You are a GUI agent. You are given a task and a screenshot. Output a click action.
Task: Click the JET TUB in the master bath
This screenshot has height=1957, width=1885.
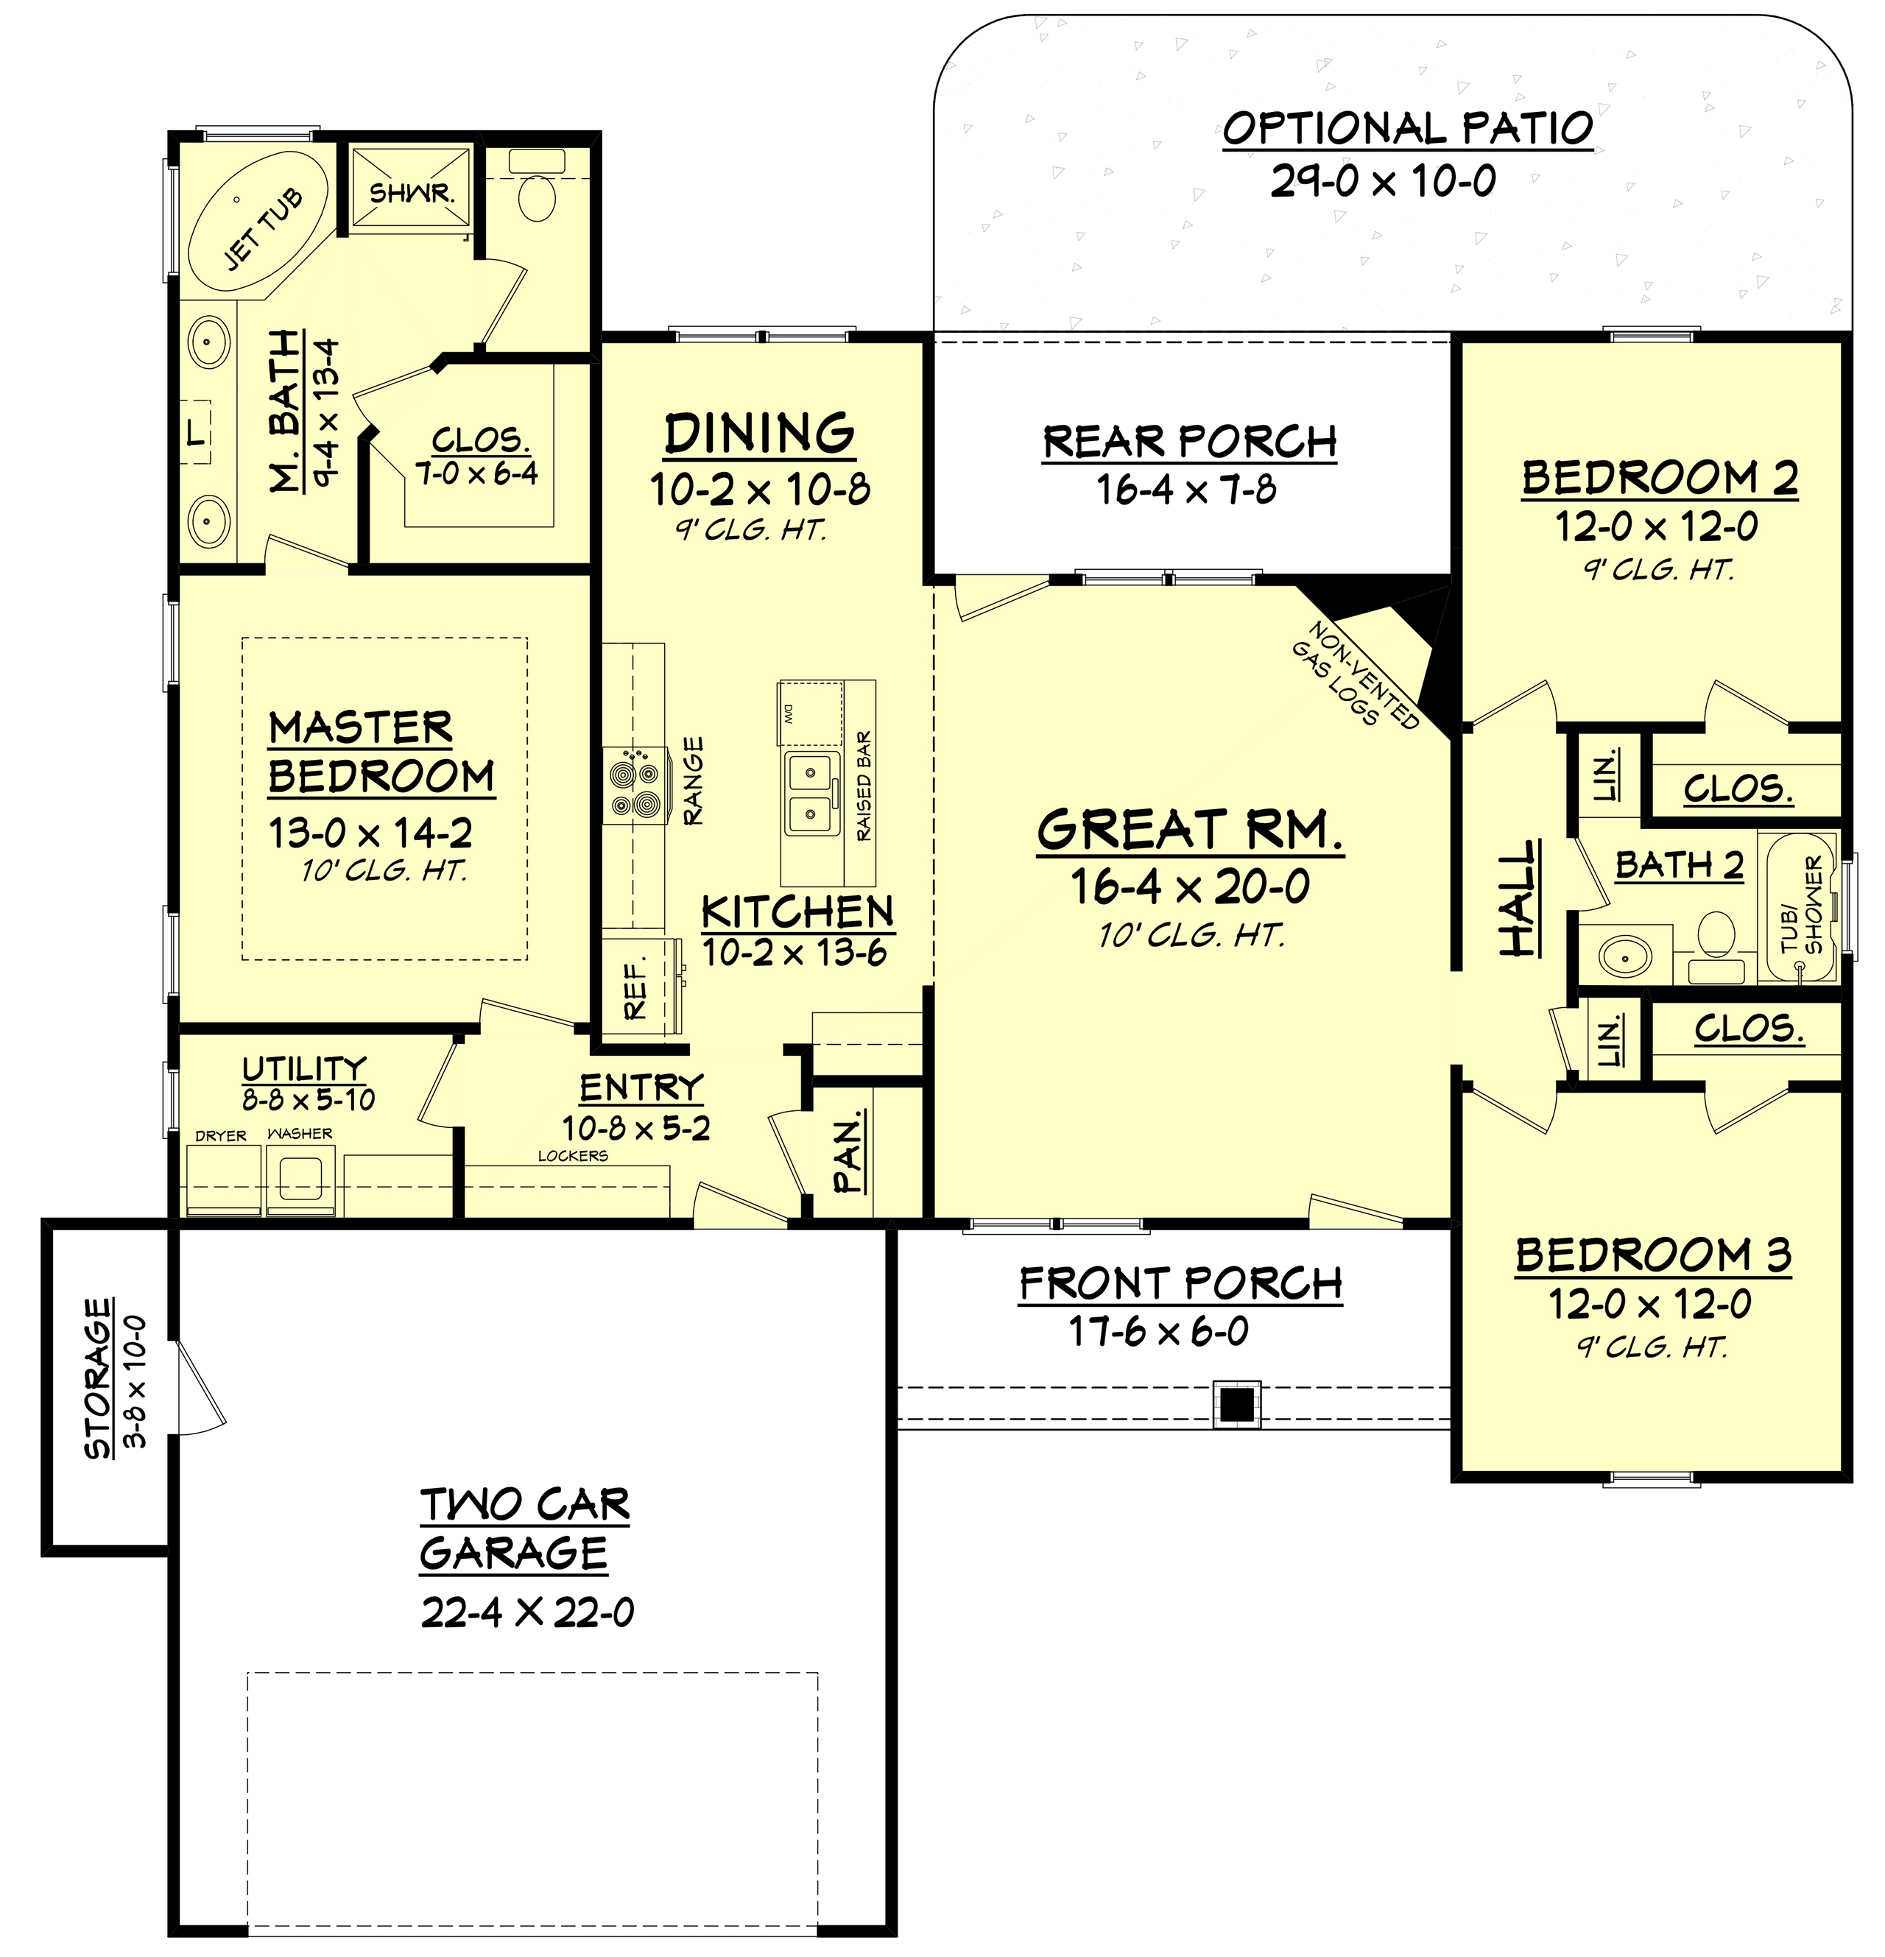pos(258,225)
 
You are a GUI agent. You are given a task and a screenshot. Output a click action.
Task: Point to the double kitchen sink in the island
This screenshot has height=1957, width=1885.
pos(810,794)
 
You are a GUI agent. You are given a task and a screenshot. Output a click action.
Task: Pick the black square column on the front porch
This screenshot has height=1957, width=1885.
pos(1236,1405)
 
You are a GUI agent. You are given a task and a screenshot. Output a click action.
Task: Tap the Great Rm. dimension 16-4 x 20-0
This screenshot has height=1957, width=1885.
pos(1189,886)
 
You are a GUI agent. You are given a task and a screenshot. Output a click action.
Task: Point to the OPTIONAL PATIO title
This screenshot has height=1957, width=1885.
pos(1407,128)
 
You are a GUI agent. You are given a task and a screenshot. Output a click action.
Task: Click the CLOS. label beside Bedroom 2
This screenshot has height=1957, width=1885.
pos(1738,789)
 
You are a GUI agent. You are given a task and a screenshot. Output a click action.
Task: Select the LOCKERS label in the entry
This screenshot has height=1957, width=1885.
pos(572,1155)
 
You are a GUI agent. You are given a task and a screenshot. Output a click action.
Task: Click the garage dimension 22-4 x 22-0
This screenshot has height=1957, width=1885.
pos(527,1612)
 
